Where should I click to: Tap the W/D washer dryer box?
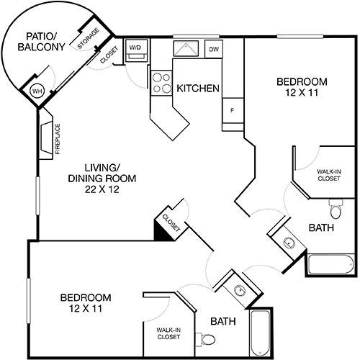point(136,50)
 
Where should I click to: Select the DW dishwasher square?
point(214,49)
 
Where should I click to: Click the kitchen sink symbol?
point(186,49)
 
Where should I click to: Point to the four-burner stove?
point(161,83)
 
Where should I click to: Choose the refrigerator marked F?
point(233,111)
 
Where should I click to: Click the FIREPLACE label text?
point(58,139)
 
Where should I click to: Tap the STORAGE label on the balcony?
point(88,38)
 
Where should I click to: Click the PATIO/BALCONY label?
point(41,42)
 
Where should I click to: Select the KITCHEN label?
point(198,89)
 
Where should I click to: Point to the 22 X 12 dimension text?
point(102,189)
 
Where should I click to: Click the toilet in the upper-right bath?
point(336,209)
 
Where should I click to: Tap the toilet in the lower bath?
point(205,339)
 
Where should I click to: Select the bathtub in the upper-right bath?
point(330,264)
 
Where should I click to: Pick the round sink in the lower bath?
point(240,290)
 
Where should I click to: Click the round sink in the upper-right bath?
point(289,243)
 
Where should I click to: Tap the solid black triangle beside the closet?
point(161,233)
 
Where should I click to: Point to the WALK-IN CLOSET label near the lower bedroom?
point(168,333)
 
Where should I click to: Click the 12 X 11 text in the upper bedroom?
point(302,92)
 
